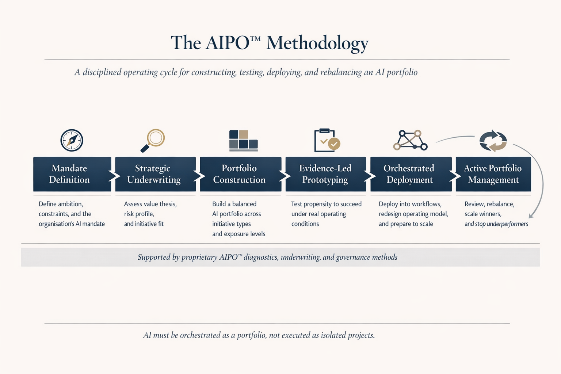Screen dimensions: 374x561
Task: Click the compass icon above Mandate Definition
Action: [72, 140]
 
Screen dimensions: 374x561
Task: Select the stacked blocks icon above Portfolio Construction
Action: [243, 140]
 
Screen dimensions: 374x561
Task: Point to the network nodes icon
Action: [410, 140]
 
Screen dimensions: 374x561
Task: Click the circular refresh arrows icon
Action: [493, 141]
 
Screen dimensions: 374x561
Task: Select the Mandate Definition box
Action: [72, 174]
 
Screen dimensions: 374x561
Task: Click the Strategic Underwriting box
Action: [155, 174]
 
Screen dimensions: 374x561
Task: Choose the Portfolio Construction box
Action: [240, 174]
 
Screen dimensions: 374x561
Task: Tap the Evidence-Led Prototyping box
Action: [325, 174]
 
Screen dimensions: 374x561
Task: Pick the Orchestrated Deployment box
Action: [411, 174]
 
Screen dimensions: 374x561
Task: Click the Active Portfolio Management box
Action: [493, 174]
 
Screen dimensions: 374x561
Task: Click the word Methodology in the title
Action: [317, 43]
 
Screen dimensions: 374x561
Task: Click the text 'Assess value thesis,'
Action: [150, 204]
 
